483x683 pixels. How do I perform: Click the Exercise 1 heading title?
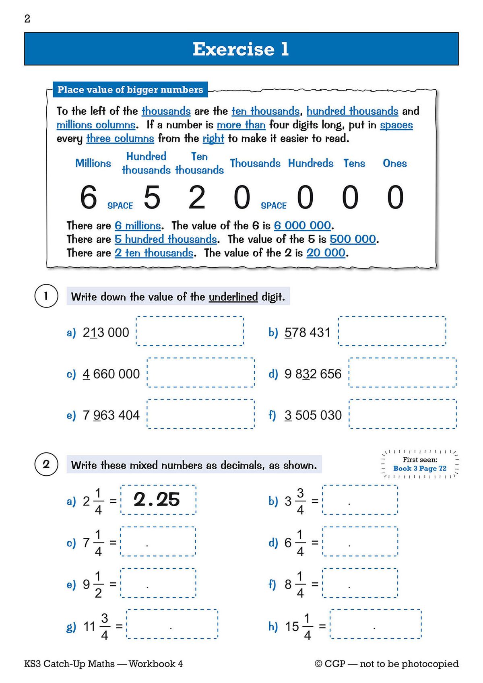click(x=241, y=49)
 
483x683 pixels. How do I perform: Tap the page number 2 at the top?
click(x=27, y=19)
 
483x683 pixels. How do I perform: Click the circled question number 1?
click(x=46, y=297)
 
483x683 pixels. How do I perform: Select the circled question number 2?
click(x=46, y=464)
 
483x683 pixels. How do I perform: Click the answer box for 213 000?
click(x=190, y=331)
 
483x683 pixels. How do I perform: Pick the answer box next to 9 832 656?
click(x=402, y=373)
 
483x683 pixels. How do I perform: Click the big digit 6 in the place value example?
click(x=89, y=197)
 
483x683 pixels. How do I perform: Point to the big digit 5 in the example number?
click(x=152, y=197)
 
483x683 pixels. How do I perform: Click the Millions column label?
click(x=93, y=163)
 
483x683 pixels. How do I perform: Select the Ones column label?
click(x=394, y=163)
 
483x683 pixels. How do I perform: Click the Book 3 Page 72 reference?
click(x=420, y=468)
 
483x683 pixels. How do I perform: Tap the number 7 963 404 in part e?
click(x=111, y=415)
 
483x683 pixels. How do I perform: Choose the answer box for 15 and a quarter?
click(x=376, y=624)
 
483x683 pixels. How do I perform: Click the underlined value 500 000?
click(x=353, y=239)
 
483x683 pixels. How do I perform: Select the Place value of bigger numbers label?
click(x=130, y=90)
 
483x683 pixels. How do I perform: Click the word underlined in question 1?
click(x=233, y=297)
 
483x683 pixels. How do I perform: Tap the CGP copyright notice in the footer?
click(x=386, y=664)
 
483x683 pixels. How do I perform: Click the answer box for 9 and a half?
click(x=158, y=583)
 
